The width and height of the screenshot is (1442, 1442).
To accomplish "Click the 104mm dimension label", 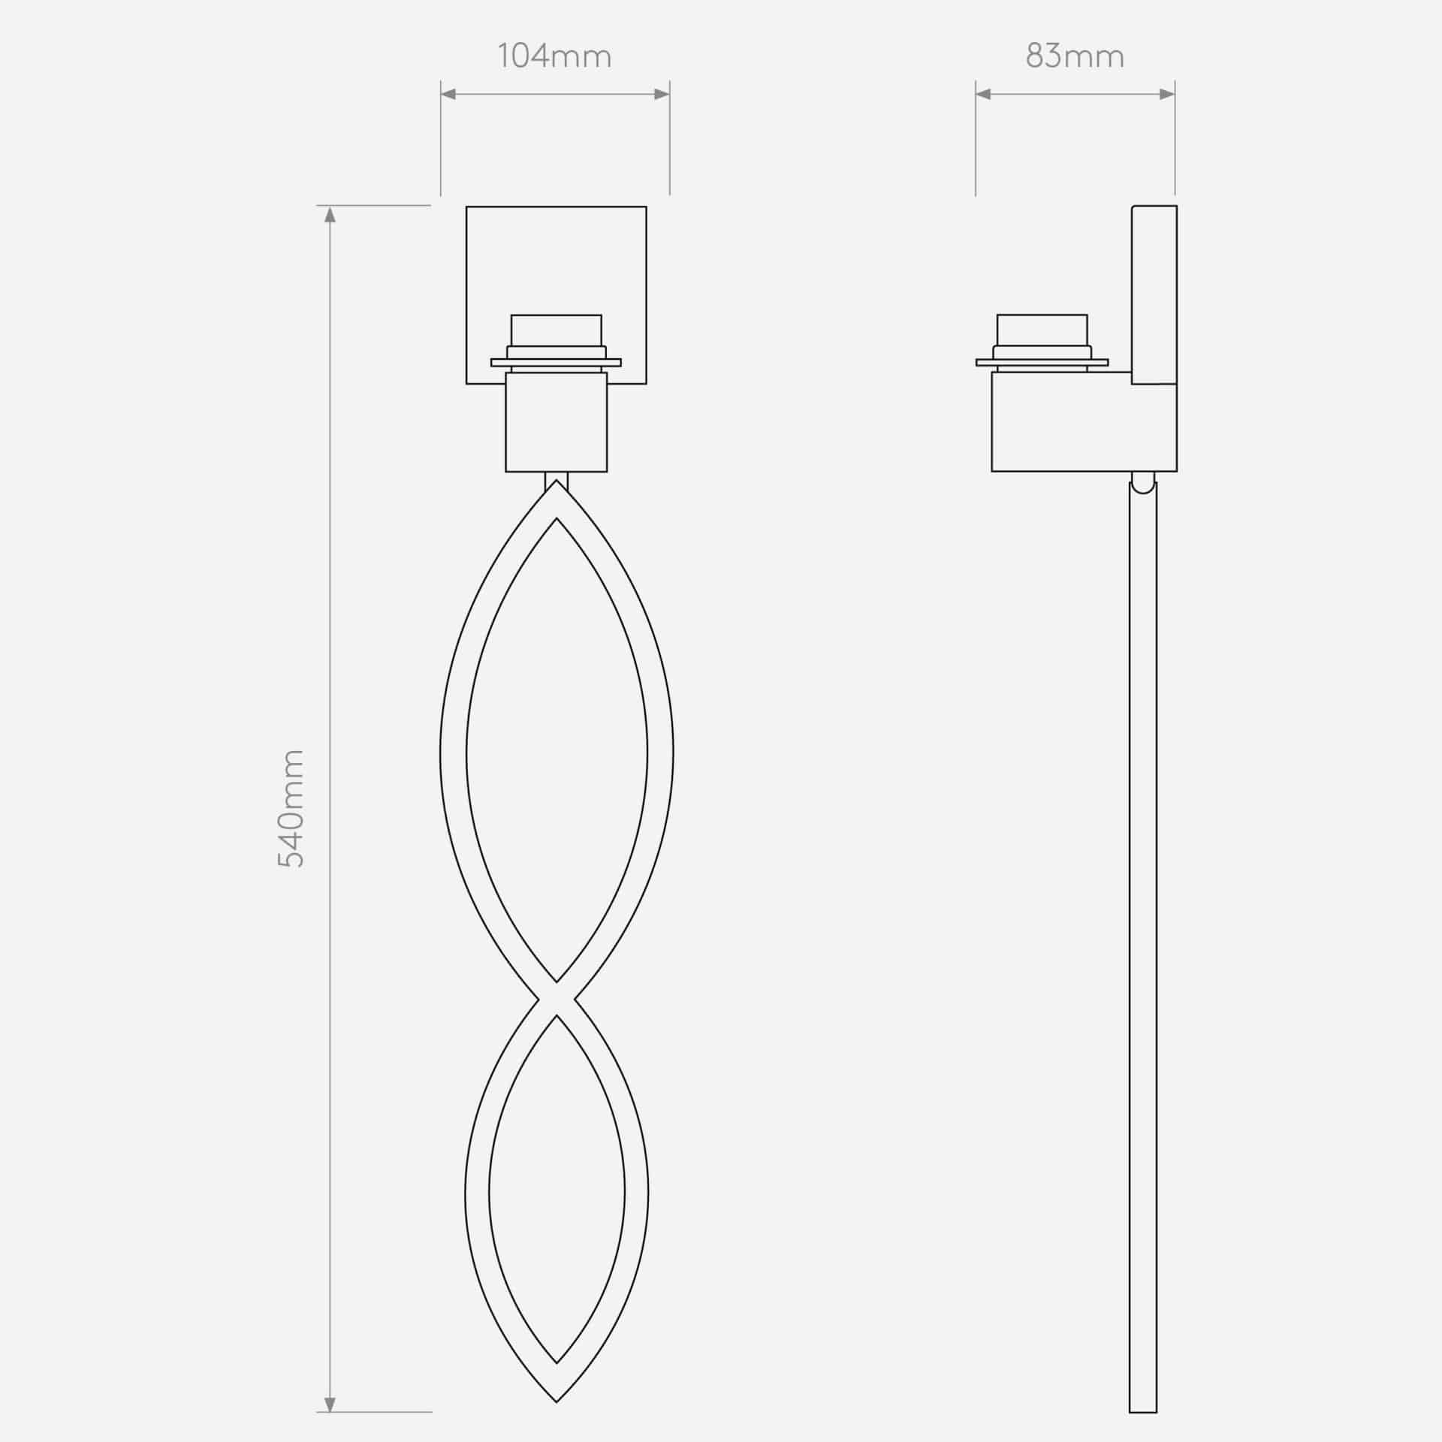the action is tap(554, 57).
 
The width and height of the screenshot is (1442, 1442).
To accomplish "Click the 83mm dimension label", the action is tap(1075, 57).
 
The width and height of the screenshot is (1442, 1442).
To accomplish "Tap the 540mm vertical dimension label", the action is tap(291, 808).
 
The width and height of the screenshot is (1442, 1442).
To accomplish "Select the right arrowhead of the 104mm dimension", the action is tap(661, 94).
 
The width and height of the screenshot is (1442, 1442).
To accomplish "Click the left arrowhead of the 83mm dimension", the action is tap(984, 94).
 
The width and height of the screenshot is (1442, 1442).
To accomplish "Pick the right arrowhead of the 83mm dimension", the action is tap(1166, 94).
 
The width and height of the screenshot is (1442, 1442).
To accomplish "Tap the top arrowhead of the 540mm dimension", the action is tap(329, 214).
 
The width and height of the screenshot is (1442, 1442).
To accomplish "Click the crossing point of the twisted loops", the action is tap(557, 998).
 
